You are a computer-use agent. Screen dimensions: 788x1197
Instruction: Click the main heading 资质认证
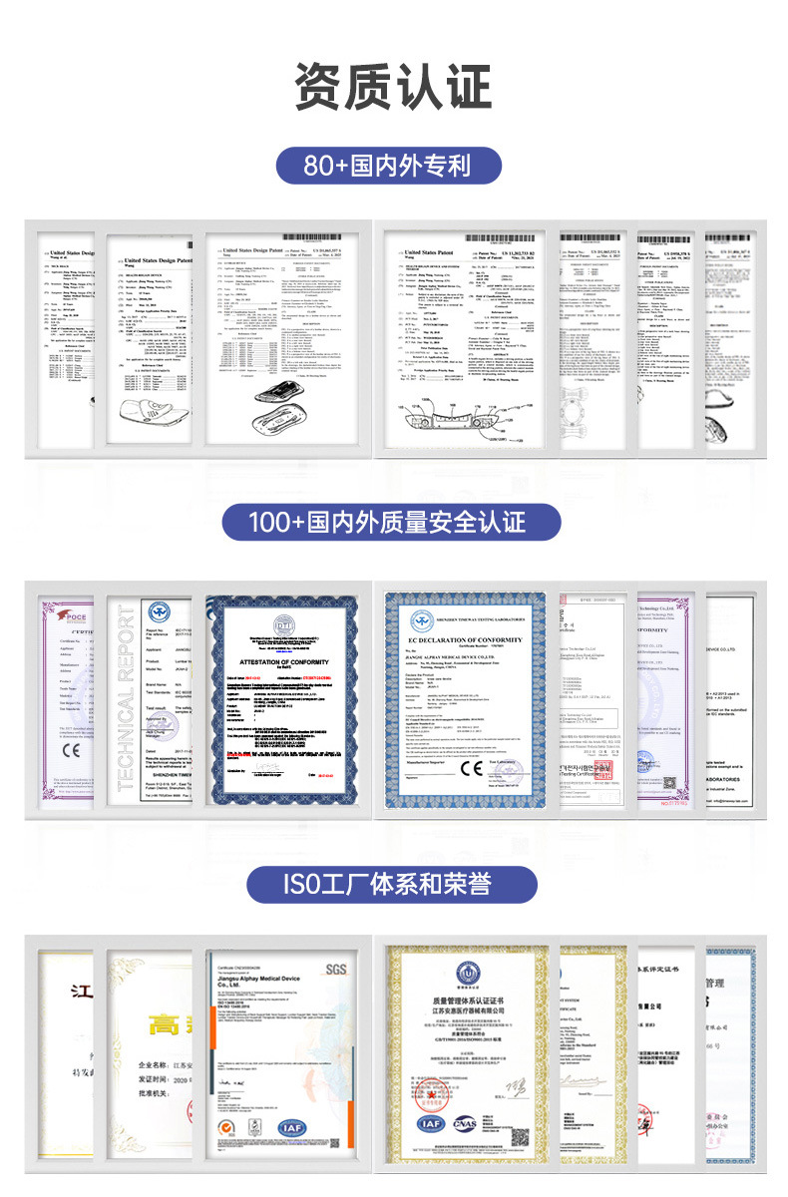click(393, 87)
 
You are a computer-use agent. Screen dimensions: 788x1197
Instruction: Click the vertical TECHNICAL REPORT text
click(124, 698)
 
